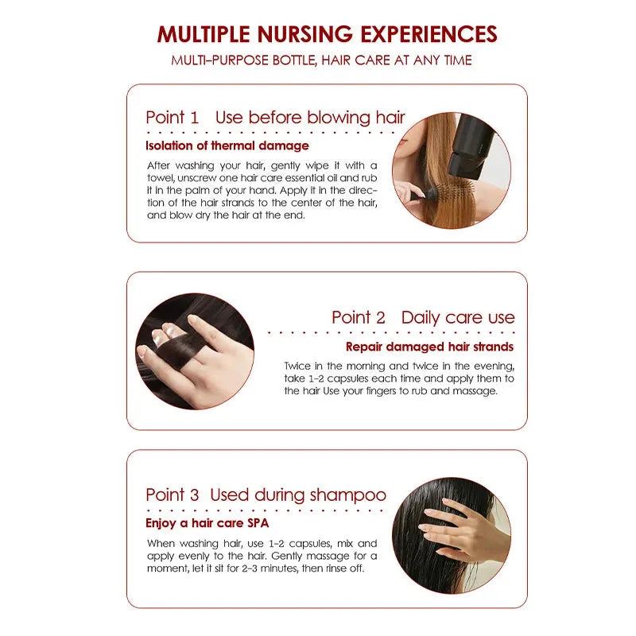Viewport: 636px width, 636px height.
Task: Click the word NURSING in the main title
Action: pos(305,34)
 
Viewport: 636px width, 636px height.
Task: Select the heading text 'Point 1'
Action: pos(173,118)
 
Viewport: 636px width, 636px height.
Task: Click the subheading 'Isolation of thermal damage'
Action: pos(227,145)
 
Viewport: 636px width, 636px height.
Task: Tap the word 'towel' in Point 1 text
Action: pos(161,178)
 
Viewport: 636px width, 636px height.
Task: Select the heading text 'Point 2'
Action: pos(359,317)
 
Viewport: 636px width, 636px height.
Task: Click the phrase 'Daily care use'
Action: pos(458,317)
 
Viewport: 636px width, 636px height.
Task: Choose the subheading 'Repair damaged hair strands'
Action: pos(429,347)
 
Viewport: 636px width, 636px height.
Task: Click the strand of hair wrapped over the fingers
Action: pos(175,346)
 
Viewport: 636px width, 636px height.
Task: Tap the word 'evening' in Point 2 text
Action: pos(494,366)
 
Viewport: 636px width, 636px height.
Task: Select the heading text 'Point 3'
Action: pos(173,494)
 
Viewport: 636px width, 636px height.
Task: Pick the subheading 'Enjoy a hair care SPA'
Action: pos(207,523)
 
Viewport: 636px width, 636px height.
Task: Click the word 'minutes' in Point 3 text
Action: pos(280,568)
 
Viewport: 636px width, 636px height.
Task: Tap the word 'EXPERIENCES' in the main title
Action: pos(429,34)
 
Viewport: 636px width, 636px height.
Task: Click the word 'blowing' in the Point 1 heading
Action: pos(339,118)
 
